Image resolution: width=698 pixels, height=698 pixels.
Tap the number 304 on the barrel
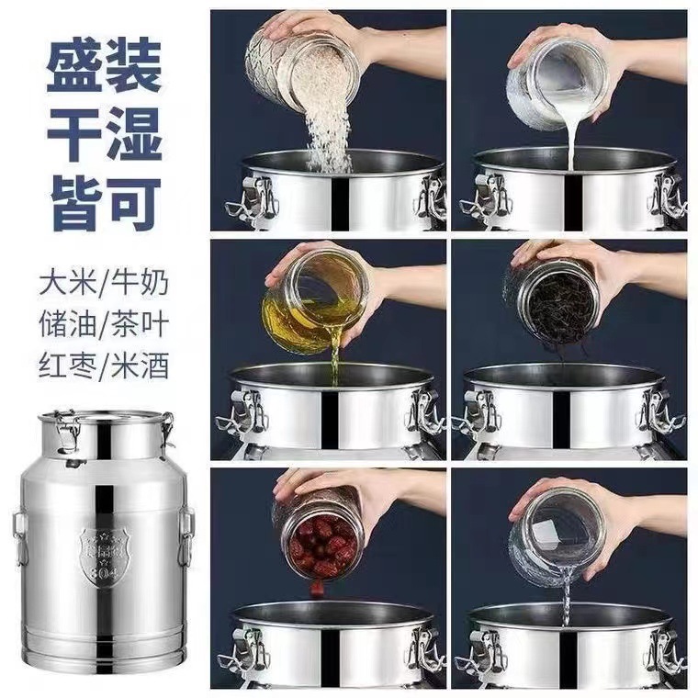coord(103,571)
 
